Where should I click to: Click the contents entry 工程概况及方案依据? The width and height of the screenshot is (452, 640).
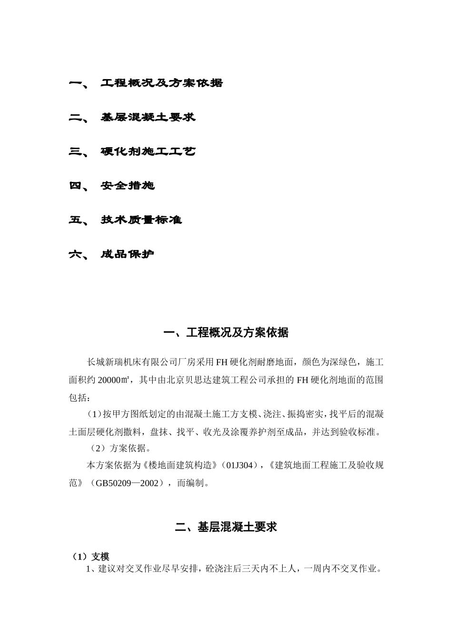pyautogui.click(x=161, y=83)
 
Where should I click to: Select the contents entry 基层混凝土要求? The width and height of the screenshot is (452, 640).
pyautogui.click(x=148, y=118)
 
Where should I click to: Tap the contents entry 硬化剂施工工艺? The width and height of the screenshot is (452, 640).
pyautogui.click(x=148, y=152)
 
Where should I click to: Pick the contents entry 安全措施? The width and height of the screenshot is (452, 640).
pyautogui.click(x=128, y=186)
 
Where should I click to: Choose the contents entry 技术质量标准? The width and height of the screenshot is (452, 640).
pyautogui.click(x=141, y=220)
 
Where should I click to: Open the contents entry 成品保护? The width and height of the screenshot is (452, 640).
pyautogui.click(x=128, y=254)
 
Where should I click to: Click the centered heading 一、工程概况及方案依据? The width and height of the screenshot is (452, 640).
pyautogui.click(x=226, y=332)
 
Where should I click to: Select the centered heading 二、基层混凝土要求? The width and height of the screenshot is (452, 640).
pyautogui.click(x=226, y=527)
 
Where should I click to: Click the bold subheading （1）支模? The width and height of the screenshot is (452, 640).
pyautogui.click(x=90, y=557)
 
